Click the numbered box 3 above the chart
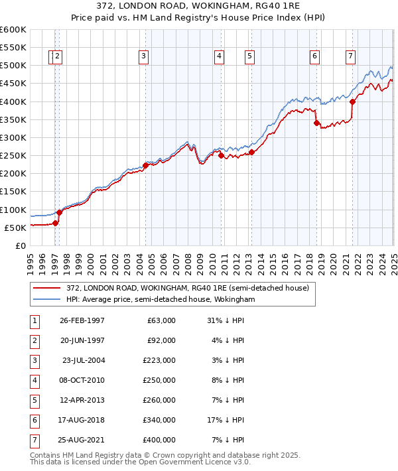pos(143,57)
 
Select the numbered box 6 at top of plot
pos(314,57)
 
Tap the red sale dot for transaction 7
pos(352,101)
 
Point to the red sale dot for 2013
pos(251,152)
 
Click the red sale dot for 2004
pos(145,165)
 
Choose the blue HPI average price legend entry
pos(160,300)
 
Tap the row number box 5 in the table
pos(34,400)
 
